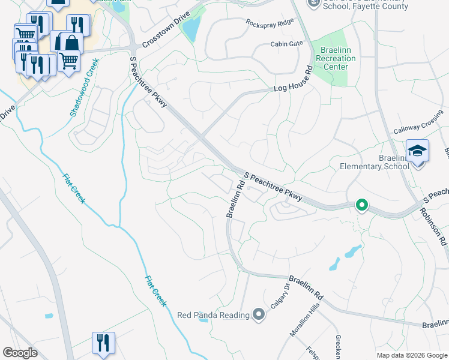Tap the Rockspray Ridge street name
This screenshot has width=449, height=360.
pos(270,22)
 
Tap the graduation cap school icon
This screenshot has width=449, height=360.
pos(417,151)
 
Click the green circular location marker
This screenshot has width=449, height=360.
pos(361,205)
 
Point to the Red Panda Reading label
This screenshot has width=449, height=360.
pos(213,315)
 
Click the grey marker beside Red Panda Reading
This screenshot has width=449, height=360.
pos(259,314)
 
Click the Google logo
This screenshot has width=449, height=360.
pos(20,353)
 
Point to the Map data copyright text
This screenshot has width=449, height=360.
pos(411,355)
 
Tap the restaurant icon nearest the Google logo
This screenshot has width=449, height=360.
pos(103,343)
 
